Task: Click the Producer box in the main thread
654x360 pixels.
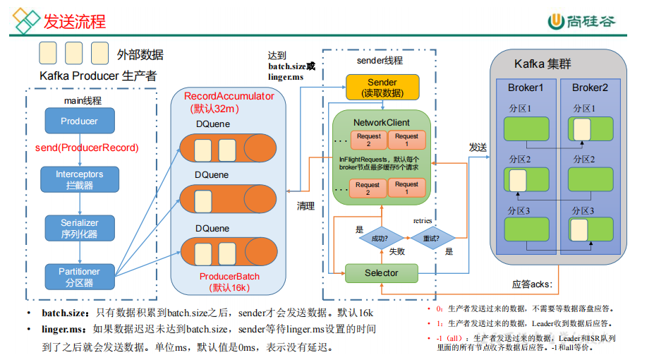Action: [x=79, y=121]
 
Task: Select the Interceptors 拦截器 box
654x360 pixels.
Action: [x=79, y=179]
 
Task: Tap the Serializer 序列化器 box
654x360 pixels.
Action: [x=79, y=228]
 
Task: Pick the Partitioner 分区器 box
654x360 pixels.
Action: [x=79, y=276]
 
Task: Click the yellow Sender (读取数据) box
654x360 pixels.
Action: [x=382, y=88]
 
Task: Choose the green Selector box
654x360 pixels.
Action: [x=381, y=273]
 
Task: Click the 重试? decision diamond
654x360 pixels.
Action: [x=430, y=239]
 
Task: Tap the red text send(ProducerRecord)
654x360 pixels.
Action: [x=87, y=148]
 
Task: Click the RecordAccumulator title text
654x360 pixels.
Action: [x=229, y=97]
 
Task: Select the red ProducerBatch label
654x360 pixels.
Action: [x=229, y=276]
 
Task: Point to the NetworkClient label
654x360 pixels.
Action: [x=381, y=122]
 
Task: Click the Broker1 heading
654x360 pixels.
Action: [x=526, y=88]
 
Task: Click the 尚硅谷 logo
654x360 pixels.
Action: [x=582, y=21]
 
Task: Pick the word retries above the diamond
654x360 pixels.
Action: [x=423, y=221]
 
